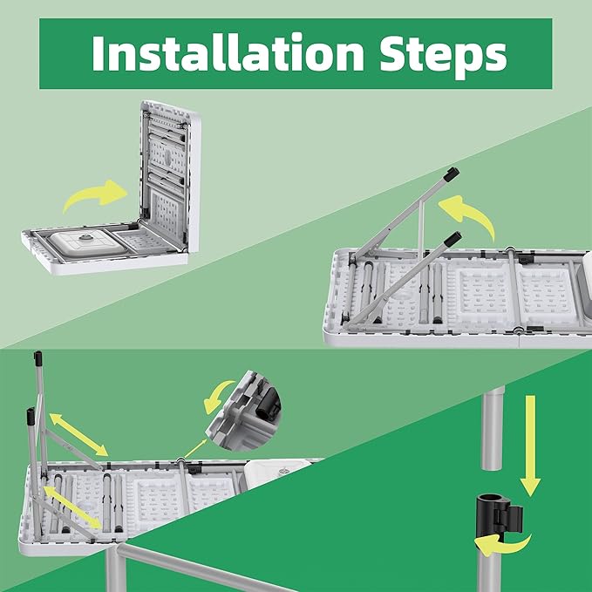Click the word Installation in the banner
point(228,52)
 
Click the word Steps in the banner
point(443,56)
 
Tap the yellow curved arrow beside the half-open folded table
point(94,194)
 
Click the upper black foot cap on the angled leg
point(451,174)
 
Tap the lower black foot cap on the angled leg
point(453,239)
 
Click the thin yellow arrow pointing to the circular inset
point(195,448)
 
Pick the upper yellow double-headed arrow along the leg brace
point(79,434)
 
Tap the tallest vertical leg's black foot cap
point(38,358)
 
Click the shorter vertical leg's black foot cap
point(31,416)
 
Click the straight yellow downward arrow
point(530,446)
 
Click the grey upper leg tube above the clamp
point(493,428)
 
